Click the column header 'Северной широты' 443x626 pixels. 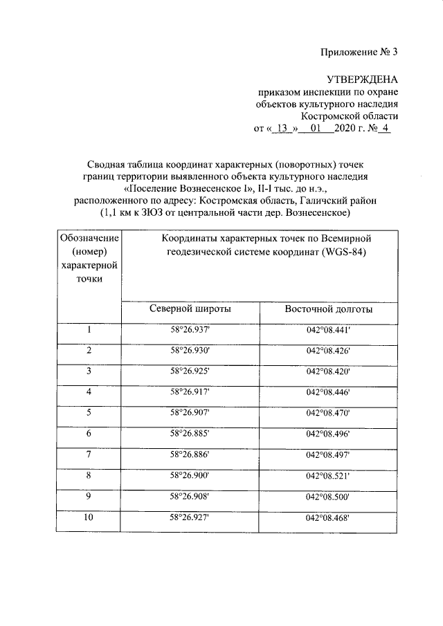click(x=190, y=309)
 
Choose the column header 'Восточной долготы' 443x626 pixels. click(x=329, y=309)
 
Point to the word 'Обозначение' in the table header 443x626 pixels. click(x=89, y=239)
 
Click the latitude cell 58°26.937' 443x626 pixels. click(x=190, y=330)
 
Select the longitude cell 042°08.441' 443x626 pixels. click(x=329, y=330)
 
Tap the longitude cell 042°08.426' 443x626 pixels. click(x=329, y=351)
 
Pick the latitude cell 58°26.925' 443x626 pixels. click(x=190, y=372)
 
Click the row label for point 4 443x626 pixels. click(x=89, y=392)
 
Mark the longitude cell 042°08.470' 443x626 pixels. click(x=329, y=413)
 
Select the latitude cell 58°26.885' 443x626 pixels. click(x=190, y=434)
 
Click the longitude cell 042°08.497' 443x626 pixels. click(x=329, y=455)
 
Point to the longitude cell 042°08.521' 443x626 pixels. click(x=329, y=477)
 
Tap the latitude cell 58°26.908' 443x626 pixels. click(x=190, y=497)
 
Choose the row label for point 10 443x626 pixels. click(x=89, y=517)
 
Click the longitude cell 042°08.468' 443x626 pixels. click(x=329, y=517)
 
